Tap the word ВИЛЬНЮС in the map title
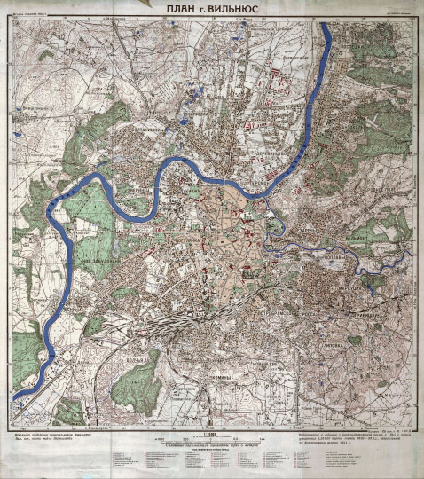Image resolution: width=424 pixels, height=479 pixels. click(x=232, y=10)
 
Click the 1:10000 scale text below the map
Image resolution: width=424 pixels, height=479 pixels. click(x=211, y=433)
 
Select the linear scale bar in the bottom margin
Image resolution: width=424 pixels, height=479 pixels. click(x=211, y=439)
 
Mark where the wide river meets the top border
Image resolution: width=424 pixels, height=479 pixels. click(x=326, y=22)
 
